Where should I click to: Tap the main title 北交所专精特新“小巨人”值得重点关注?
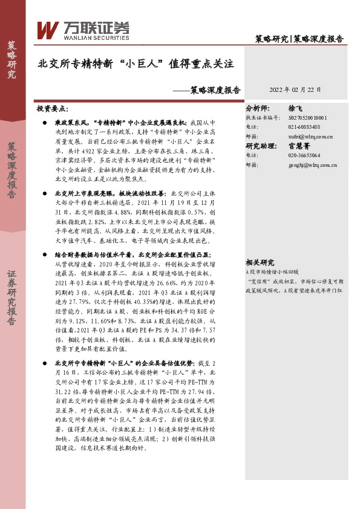coord(136,62)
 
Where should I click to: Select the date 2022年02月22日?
coord(295,89)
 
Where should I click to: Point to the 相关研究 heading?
coord(260,262)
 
